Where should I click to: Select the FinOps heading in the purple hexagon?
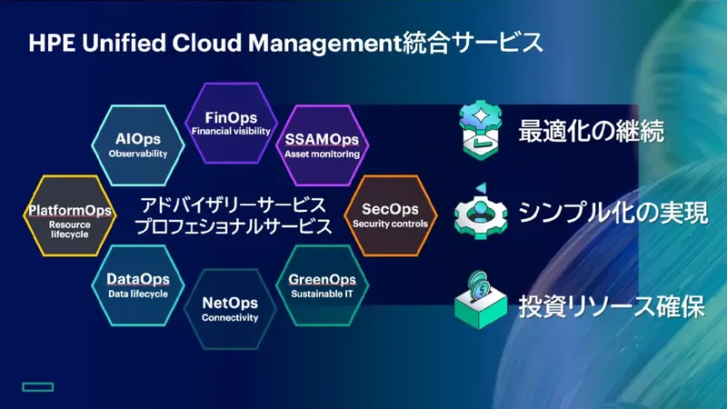[231, 117]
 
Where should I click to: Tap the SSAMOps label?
[322, 140]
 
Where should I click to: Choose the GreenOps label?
[322, 279]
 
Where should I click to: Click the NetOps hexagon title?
[230, 302]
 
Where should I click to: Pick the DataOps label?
[138, 279]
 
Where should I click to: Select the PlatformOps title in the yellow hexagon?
[70, 210]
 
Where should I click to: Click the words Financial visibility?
[231, 131]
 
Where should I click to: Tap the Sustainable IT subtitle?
[322, 294]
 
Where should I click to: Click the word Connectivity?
[230, 317]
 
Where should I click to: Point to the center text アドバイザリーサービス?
[233, 203]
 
